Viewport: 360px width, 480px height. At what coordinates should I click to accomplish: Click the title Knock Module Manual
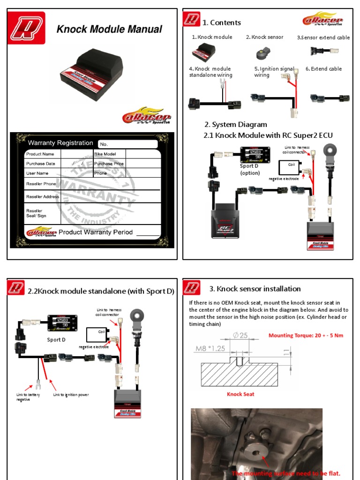pos(109,29)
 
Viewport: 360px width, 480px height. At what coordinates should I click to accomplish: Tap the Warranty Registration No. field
pos(127,144)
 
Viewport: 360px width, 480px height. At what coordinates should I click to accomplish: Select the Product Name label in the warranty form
pos(40,154)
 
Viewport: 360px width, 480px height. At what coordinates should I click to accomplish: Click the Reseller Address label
pos(43,196)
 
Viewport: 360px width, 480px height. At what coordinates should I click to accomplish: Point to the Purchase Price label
pos(109,164)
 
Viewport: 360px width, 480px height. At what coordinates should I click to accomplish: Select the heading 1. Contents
pos(222,22)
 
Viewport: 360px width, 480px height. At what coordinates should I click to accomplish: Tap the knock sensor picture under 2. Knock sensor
pos(263,53)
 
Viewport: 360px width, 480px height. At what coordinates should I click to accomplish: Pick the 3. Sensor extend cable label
pos(323,37)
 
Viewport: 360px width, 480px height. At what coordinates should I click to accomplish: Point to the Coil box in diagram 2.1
pos(290,166)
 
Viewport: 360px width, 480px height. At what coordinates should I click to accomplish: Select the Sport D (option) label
pos(249,169)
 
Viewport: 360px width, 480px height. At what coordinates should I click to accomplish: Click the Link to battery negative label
pos(28,397)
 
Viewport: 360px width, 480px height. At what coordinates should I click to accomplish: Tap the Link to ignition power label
pos(71,395)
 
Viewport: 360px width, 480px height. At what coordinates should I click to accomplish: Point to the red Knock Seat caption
pos(240,394)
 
